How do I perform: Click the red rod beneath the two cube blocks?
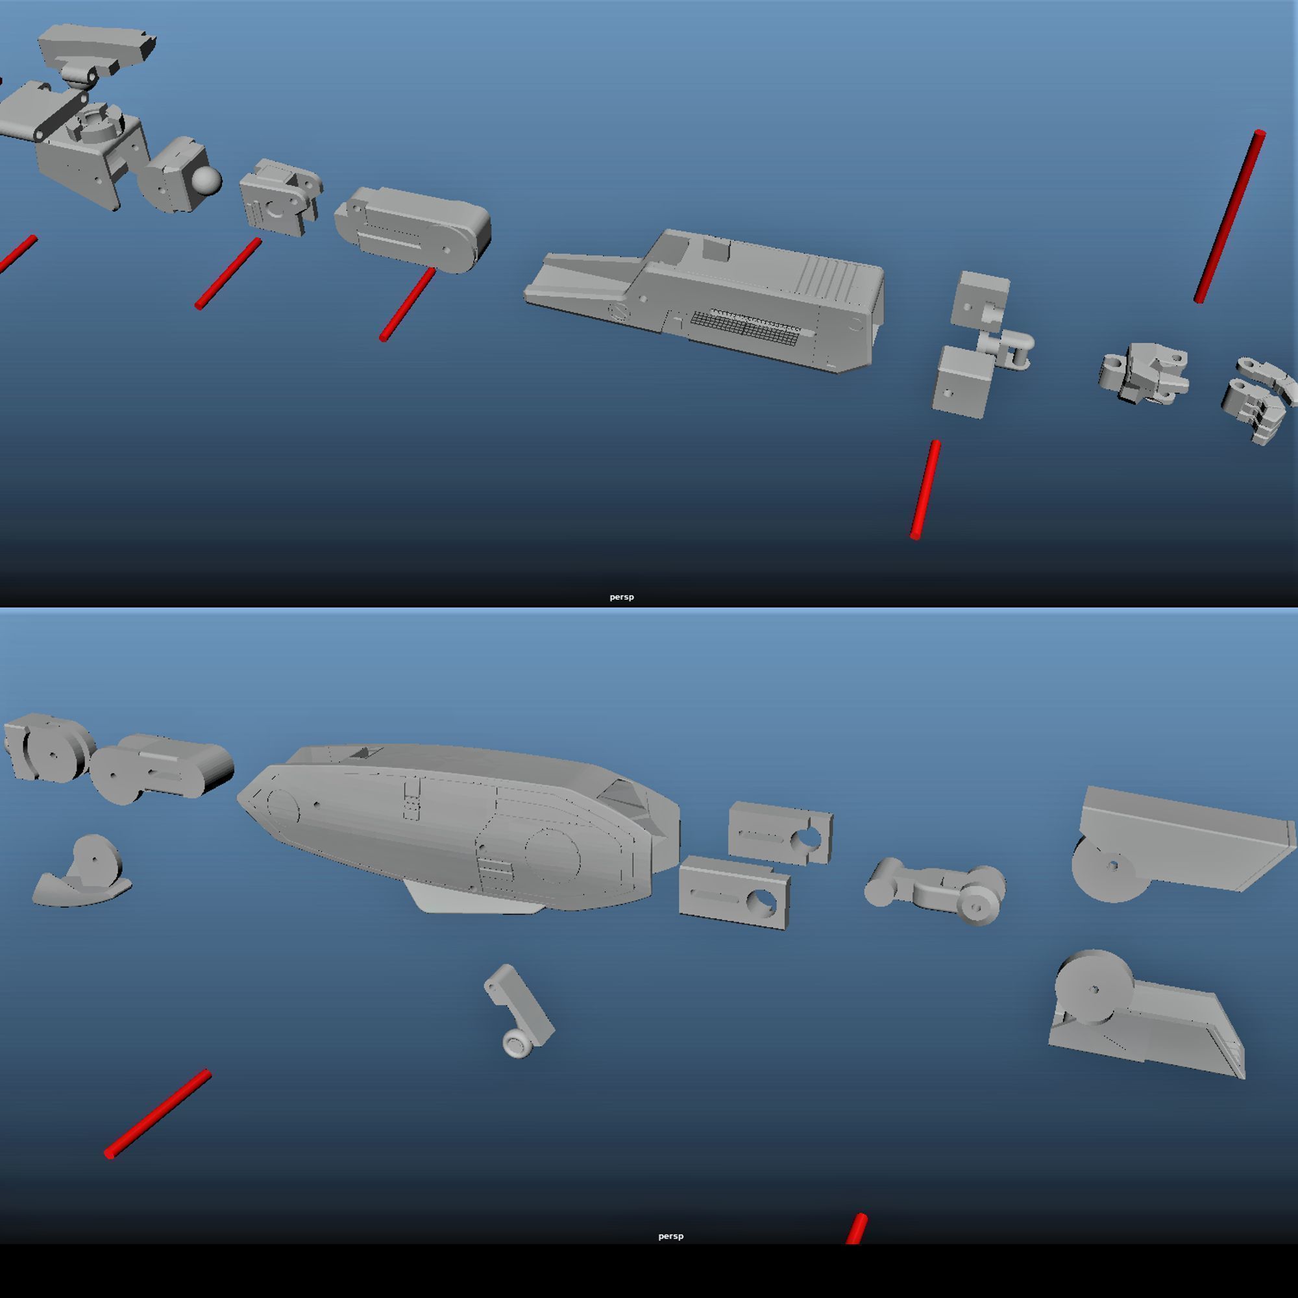click(x=925, y=489)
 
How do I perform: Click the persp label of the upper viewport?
click(x=622, y=596)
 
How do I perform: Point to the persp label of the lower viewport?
click(x=670, y=1236)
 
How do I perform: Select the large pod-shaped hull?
click(x=457, y=826)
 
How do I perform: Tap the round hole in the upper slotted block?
click(x=808, y=838)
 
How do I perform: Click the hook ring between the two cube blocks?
click(x=1014, y=349)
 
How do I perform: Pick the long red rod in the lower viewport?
click(x=158, y=1112)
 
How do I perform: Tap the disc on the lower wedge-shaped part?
click(x=1094, y=988)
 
